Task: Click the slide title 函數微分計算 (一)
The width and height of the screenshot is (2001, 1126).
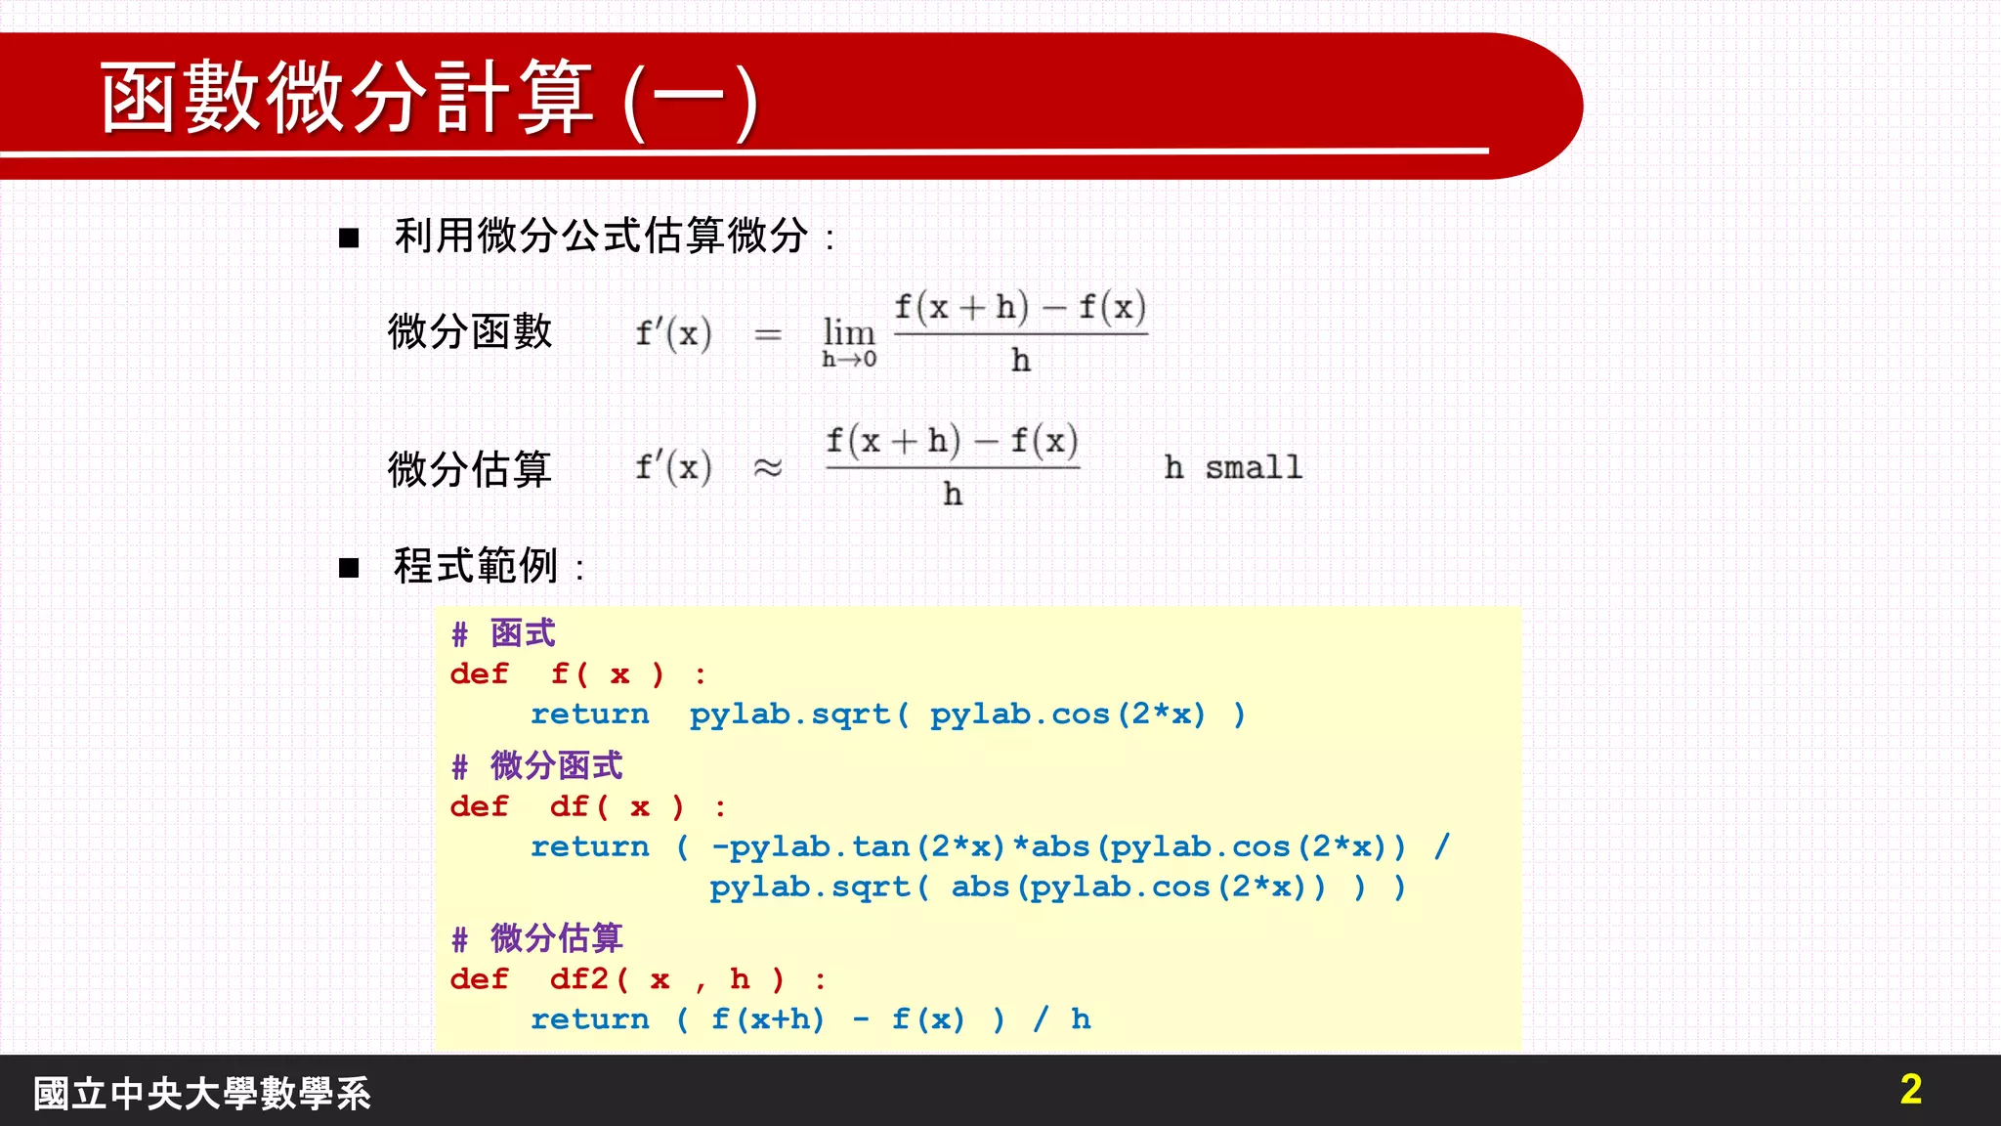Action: click(430, 98)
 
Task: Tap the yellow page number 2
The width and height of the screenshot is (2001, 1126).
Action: click(1911, 1089)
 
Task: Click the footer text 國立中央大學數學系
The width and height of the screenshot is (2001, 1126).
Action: click(202, 1094)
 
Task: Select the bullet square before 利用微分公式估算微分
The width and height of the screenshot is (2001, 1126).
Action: click(349, 238)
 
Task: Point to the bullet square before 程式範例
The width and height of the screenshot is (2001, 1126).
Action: click(349, 568)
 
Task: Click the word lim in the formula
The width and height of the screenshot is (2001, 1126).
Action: click(848, 332)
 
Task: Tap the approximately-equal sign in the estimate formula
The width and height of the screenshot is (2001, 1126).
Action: click(768, 468)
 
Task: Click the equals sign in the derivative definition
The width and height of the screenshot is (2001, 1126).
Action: click(768, 335)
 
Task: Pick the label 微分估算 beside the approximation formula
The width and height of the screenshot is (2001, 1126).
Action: click(470, 469)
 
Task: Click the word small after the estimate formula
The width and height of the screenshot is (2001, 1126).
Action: click(1254, 468)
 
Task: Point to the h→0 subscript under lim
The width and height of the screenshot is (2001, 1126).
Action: click(849, 360)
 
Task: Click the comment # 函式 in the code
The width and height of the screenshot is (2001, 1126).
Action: click(503, 634)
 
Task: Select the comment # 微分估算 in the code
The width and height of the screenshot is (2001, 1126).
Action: click(536, 939)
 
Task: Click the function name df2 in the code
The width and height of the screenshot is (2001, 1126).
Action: click(579, 979)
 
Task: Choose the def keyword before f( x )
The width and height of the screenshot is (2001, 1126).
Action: click(479, 674)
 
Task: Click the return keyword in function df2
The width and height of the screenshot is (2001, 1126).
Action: click(589, 1019)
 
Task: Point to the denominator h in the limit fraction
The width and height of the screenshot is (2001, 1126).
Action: click(1021, 362)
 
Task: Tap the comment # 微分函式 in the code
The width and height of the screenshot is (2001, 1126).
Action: click(536, 766)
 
